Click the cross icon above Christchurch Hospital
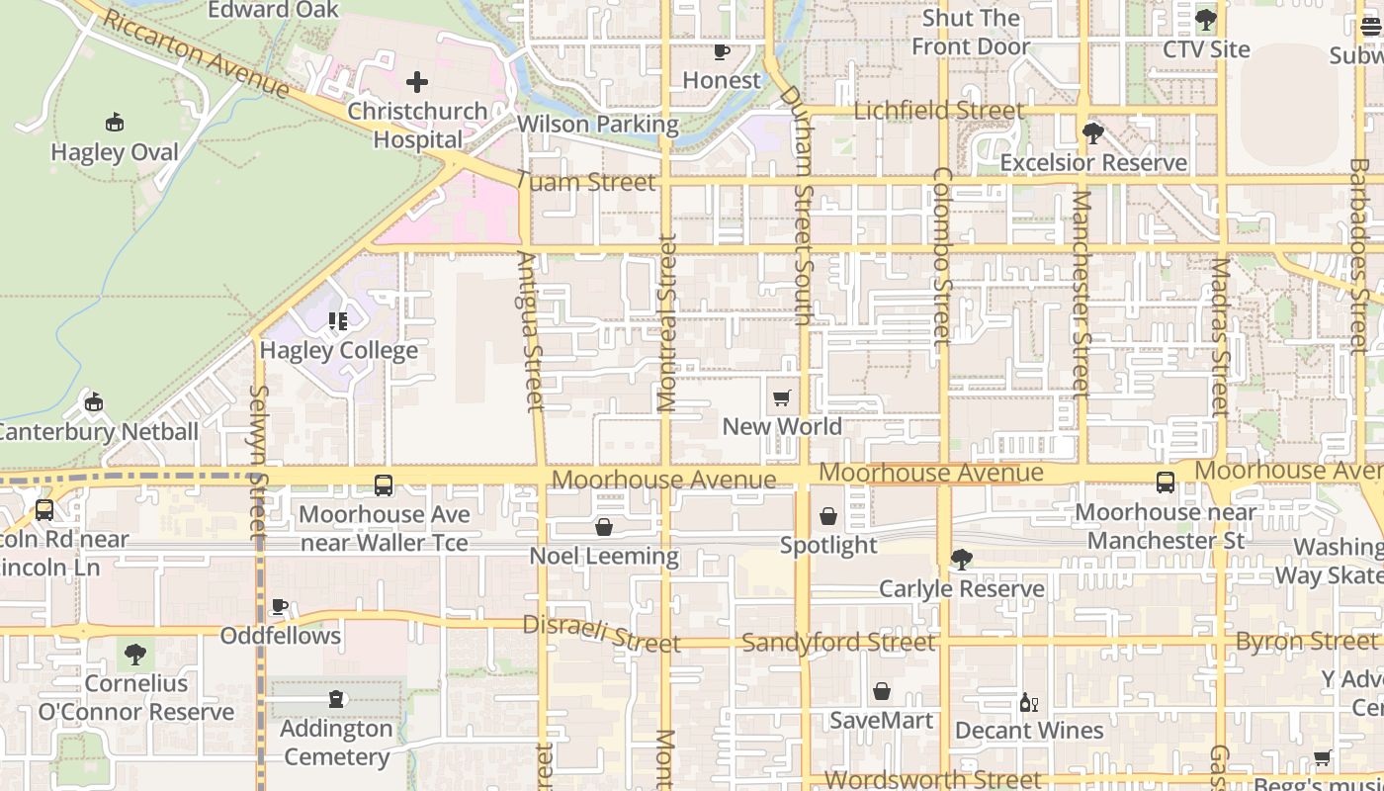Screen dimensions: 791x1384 click(x=417, y=81)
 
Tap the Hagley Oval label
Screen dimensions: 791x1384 click(x=115, y=152)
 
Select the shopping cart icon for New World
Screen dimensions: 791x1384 click(x=782, y=398)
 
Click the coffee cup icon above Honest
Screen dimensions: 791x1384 click(x=722, y=51)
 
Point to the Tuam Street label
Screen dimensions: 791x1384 click(x=585, y=182)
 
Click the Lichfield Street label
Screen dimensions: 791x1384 click(x=938, y=111)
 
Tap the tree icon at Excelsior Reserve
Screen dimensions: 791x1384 click(x=1092, y=133)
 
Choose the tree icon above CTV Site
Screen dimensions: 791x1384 click(x=1205, y=20)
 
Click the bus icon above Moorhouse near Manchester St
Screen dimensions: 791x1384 click(x=1166, y=483)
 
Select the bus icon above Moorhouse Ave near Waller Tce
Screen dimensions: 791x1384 click(x=384, y=485)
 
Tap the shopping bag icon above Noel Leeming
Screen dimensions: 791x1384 click(x=604, y=527)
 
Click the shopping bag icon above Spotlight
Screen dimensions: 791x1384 click(x=828, y=516)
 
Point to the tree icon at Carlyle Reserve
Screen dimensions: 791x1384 click(x=961, y=560)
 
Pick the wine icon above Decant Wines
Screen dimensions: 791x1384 click(x=1029, y=702)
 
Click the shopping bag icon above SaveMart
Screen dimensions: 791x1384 click(x=881, y=691)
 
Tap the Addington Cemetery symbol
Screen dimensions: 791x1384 click(x=336, y=700)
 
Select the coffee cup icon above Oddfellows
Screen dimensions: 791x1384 click(x=280, y=606)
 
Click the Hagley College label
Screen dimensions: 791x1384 click(x=338, y=351)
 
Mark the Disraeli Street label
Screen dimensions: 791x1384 click(x=601, y=634)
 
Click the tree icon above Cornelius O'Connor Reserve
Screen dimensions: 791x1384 click(x=135, y=654)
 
